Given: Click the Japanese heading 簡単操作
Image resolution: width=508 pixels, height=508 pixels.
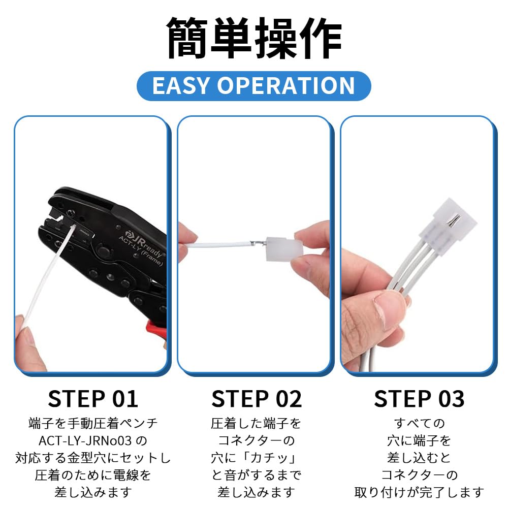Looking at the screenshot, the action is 254,38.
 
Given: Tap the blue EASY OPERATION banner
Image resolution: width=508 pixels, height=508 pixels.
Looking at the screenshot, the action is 253,86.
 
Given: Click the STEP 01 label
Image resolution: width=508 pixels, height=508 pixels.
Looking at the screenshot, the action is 93,399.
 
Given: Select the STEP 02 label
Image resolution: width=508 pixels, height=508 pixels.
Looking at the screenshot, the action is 256,399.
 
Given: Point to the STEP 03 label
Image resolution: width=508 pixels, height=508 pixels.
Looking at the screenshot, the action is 419,399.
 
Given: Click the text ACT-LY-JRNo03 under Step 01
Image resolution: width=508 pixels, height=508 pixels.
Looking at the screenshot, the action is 85,440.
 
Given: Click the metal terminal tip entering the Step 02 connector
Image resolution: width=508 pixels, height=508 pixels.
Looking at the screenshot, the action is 258,242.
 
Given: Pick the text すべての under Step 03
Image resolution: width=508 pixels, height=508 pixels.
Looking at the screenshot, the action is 419,423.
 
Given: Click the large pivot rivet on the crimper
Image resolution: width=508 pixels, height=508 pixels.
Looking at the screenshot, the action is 103,251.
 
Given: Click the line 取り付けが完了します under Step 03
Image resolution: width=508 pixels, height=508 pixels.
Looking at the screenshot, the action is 419,492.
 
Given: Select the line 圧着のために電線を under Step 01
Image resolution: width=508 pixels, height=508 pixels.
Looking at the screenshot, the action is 93,475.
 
